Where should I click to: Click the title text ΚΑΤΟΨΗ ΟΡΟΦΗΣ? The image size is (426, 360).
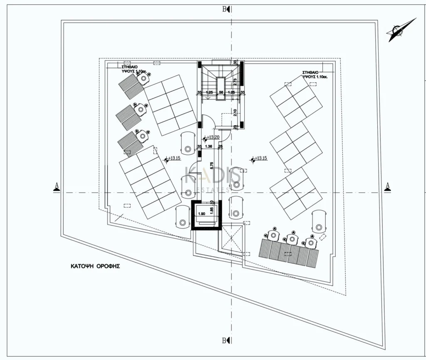(95, 266)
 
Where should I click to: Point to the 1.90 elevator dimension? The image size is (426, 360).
(202, 214)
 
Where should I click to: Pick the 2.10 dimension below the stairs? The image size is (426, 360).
(235, 112)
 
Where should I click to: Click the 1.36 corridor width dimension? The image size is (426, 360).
(209, 146)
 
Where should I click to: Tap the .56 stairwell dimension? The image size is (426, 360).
(221, 92)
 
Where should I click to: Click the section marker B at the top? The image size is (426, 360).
(225, 9)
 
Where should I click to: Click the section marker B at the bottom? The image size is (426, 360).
(225, 340)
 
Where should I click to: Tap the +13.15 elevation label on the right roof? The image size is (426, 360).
(261, 158)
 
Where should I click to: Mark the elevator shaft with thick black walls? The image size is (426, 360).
(206, 215)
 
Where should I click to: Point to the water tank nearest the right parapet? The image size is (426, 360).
(319, 221)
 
